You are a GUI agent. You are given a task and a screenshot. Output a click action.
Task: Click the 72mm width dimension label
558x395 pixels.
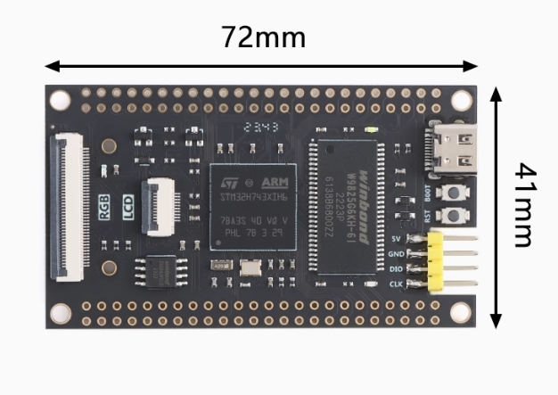263,37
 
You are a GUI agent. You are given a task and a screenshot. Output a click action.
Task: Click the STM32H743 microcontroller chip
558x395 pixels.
254,205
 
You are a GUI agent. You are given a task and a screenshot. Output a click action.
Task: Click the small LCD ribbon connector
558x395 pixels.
161,204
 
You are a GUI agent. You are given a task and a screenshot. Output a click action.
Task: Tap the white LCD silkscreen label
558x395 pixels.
128,207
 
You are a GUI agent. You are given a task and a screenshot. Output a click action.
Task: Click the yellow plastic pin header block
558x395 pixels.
436,261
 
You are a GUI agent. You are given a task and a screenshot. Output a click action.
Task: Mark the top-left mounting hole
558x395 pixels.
59,99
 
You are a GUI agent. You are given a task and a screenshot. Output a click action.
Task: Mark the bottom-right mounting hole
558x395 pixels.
460,311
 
